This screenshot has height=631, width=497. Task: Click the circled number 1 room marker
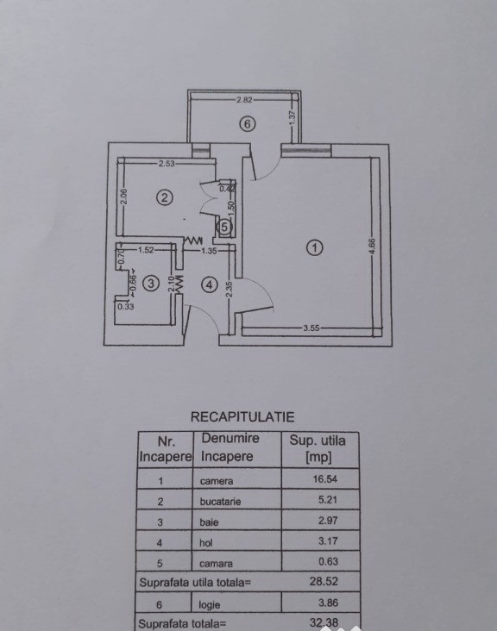point(315,247)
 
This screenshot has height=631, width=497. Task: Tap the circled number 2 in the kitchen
point(165,197)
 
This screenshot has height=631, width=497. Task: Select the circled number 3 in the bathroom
point(151,284)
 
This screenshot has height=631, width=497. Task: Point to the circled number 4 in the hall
point(210,285)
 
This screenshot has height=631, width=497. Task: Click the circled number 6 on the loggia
point(248,124)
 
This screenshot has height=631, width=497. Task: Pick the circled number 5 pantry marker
point(224,227)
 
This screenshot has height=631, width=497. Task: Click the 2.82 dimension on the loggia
point(244,99)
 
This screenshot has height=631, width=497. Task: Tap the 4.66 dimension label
point(372,246)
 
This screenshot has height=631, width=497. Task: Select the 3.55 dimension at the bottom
point(311,328)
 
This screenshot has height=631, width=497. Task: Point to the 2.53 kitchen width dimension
point(167,164)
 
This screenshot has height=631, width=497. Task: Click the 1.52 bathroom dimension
point(146,250)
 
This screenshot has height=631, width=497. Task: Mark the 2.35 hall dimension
point(230,289)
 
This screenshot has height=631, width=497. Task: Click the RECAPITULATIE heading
point(242,417)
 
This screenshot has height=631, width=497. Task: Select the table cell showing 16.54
point(325,479)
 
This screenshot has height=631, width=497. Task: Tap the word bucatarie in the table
point(220,502)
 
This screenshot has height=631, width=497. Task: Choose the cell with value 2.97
point(328,521)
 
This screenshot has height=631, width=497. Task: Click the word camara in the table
point(216,564)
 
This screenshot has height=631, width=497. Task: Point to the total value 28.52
point(324,582)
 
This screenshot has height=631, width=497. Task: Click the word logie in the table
point(210,604)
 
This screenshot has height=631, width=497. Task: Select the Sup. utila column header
point(318,448)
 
